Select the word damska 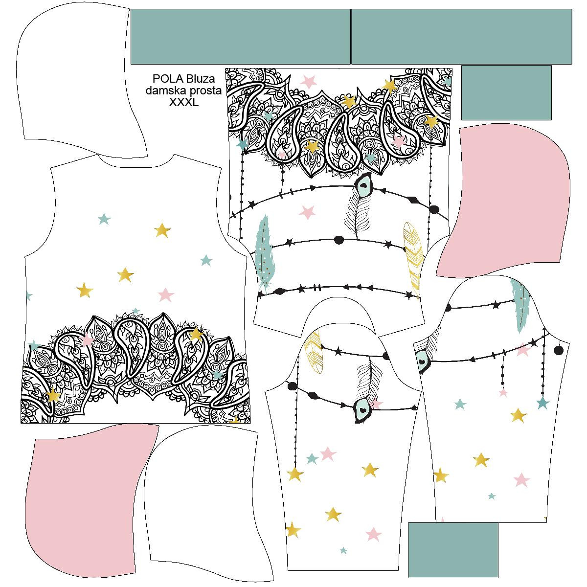pos(164,90)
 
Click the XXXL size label pos(184,102)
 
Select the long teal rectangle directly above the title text pos(241,37)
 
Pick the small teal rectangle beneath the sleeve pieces pos(453,550)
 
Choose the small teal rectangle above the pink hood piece pos(506,92)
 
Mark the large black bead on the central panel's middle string pos(339,240)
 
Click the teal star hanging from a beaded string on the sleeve pos(543,403)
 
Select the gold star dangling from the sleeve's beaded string pos(295,474)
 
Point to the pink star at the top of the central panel pos(309,81)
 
